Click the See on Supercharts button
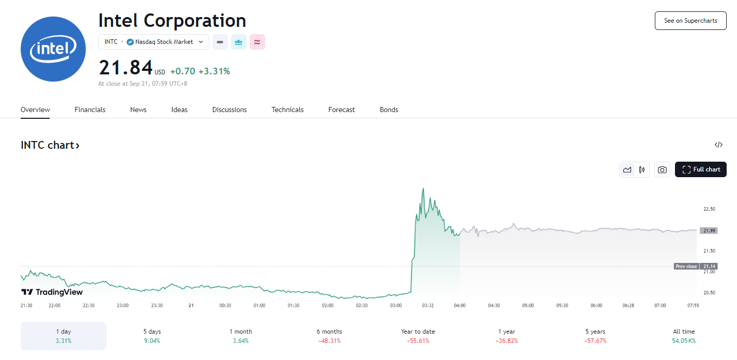(690, 21)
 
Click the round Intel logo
(53, 49)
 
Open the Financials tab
(90, 109)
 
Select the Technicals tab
(287, 109)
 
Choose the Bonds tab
(389, 109)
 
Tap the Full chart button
(700, 169)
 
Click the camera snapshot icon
(662, 169)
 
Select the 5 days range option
(152, 336)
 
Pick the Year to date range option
(418, 336)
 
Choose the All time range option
(684, 336)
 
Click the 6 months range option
(329, 336)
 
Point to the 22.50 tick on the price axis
(709, 209)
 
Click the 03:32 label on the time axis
(427, 305)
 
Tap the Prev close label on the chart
(686, 267)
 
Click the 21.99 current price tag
(709, 230)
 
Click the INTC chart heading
(50, 145)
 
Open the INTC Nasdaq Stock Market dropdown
(153, 42)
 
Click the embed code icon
(718, 145)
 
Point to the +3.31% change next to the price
(214, 71)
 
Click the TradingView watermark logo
(52, 292)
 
